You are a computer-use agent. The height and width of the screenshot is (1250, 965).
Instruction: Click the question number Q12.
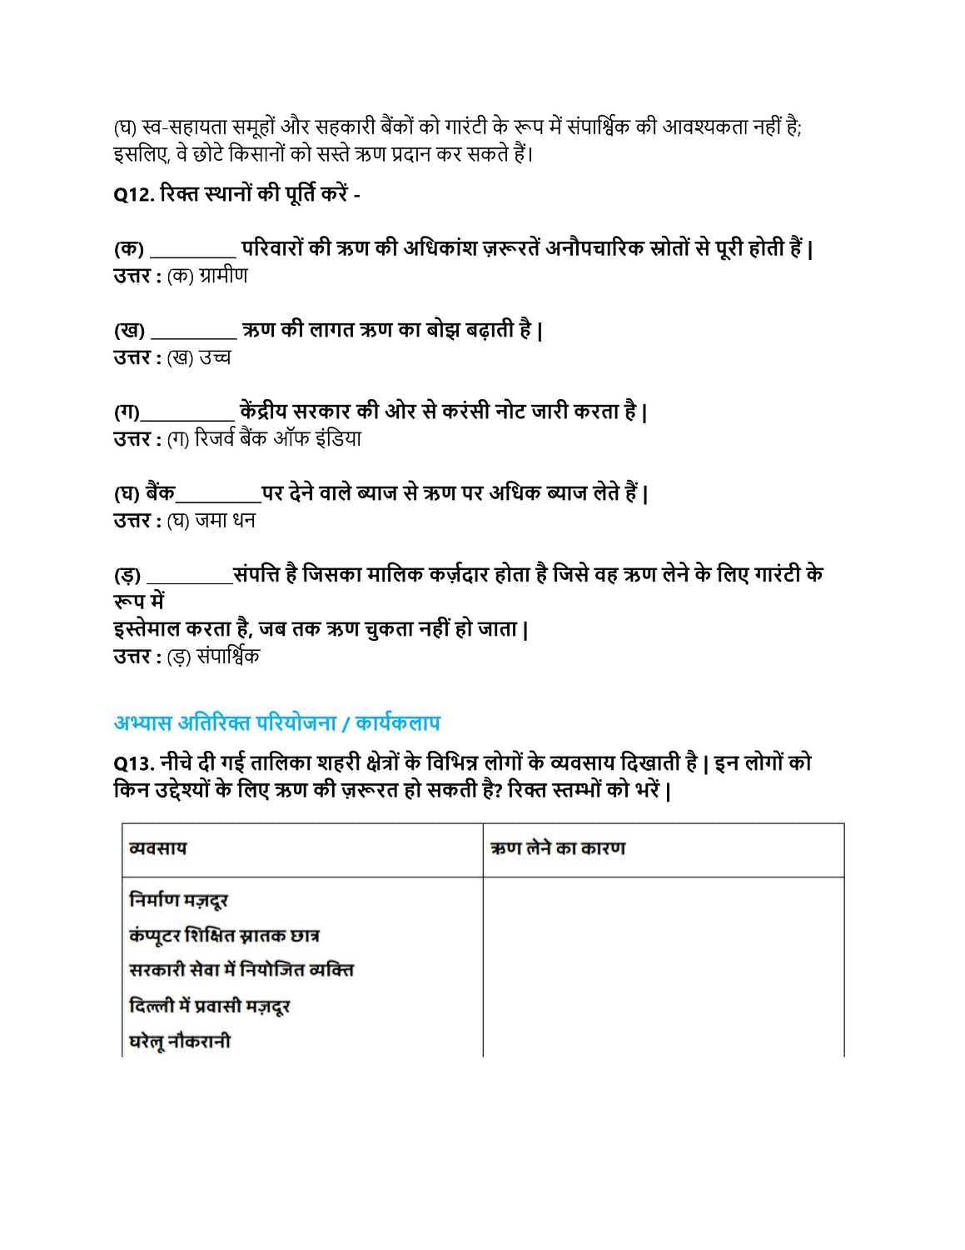point(133,195)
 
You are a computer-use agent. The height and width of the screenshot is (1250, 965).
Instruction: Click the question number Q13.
point(133,763)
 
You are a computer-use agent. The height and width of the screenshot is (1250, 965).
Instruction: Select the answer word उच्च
point(215,357)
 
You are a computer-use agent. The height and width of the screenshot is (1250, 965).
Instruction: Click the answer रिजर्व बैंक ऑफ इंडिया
point(278,439)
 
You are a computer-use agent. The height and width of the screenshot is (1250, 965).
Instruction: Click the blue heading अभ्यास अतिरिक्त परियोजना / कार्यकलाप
point(276,723)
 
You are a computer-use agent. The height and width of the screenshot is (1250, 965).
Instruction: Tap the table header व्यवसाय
point(158,848)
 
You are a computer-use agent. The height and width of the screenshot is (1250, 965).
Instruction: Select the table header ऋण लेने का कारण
point(558,848)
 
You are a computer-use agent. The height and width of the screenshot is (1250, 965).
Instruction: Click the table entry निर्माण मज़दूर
point(178,900)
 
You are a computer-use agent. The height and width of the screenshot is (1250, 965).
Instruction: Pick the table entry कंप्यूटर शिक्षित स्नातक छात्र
point(224,935)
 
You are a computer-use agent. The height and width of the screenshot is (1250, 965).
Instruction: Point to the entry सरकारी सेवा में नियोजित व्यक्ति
point(241,970)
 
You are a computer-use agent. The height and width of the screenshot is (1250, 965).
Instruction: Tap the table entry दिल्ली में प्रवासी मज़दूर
point(209,1006)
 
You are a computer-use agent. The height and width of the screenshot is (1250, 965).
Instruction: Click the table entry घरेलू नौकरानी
point(180,1041)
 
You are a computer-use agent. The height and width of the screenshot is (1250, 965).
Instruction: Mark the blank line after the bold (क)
point(193,254)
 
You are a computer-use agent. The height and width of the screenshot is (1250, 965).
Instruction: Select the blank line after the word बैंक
point(218,499)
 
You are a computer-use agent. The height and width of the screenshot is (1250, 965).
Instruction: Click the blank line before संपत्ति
point(190,581)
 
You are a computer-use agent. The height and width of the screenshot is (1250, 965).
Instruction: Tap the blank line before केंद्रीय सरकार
point(187,417)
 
